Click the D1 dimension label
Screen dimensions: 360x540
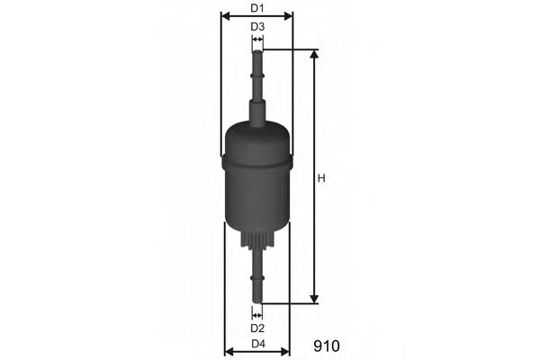tap(257, 8)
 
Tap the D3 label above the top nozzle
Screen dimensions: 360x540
tap(257, 27)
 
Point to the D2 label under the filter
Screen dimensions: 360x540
tap(257, 328)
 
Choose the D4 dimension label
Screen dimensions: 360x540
tap(257, 345)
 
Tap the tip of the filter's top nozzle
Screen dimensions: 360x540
tap(257, 54)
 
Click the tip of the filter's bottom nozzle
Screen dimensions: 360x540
tap(257, 301)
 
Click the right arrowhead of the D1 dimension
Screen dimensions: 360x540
tap(290, 16)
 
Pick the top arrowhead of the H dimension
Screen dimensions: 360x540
tap(314, 54)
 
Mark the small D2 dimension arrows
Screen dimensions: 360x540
tap(257, 315)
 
